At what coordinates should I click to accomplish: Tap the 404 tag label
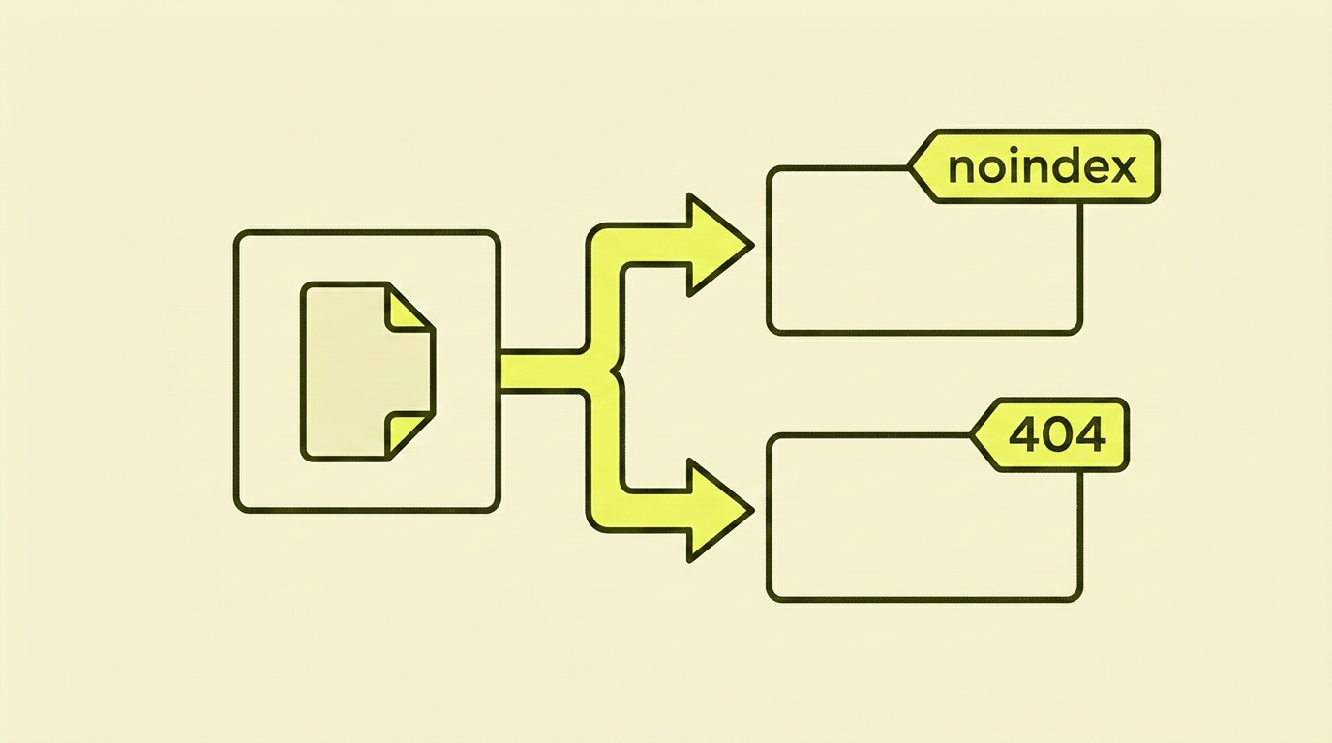click(1050, 435)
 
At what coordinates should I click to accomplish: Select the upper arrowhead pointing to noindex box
click(718, 245)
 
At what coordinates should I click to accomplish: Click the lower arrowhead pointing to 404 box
click(718, 511)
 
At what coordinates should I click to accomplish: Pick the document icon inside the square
click(368, 371)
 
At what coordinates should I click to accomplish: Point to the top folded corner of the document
click(409, 308)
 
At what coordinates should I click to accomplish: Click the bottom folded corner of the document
click(409, 435)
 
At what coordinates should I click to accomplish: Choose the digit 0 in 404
click(1057, 435)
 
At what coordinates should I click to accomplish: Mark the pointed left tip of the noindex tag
click(910, 167)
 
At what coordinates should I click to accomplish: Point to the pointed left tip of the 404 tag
click(972, 435)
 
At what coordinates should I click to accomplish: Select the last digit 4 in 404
click(1089, 435)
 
